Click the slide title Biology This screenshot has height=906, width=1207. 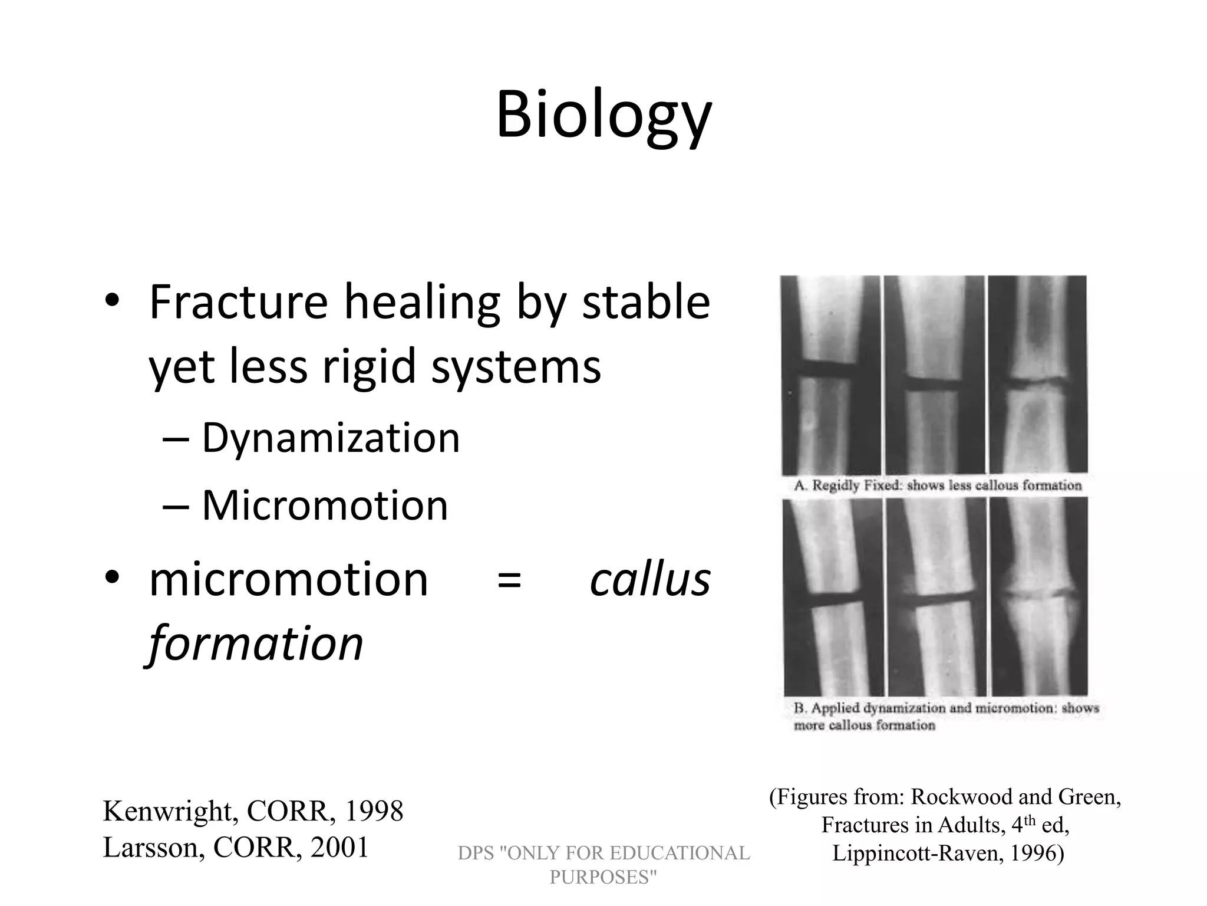pos(603,115)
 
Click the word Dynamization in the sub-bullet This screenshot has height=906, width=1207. pos(330,438)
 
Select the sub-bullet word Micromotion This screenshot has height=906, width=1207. pos(325,505)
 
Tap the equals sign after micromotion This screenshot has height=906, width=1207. pos(509,580)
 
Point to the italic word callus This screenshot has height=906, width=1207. pos(650,580)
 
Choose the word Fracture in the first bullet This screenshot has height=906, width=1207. pos(238,302)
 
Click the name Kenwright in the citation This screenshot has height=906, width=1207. pos(170,811)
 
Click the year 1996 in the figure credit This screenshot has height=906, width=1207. pos(1036,853)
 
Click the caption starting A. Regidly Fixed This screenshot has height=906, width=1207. pos(937,485)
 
